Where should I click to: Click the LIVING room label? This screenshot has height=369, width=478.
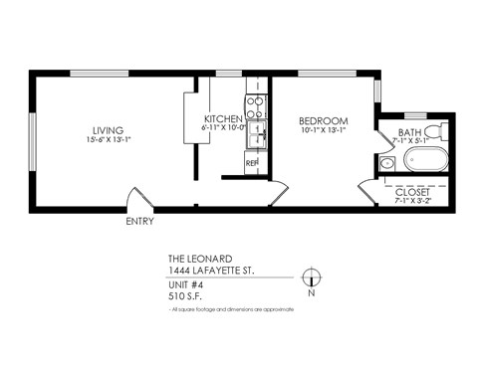tap(107, 129)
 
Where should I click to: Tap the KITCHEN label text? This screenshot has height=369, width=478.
tap(222, 118)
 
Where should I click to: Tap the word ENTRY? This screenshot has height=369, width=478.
tap(140, 221)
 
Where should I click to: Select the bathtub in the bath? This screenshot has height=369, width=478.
tap(419, 159)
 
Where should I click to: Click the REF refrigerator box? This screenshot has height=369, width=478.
tap(253, 162)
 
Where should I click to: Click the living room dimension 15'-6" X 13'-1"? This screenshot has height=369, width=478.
tap(107, 141)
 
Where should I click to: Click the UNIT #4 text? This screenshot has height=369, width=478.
tap(185, 282)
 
